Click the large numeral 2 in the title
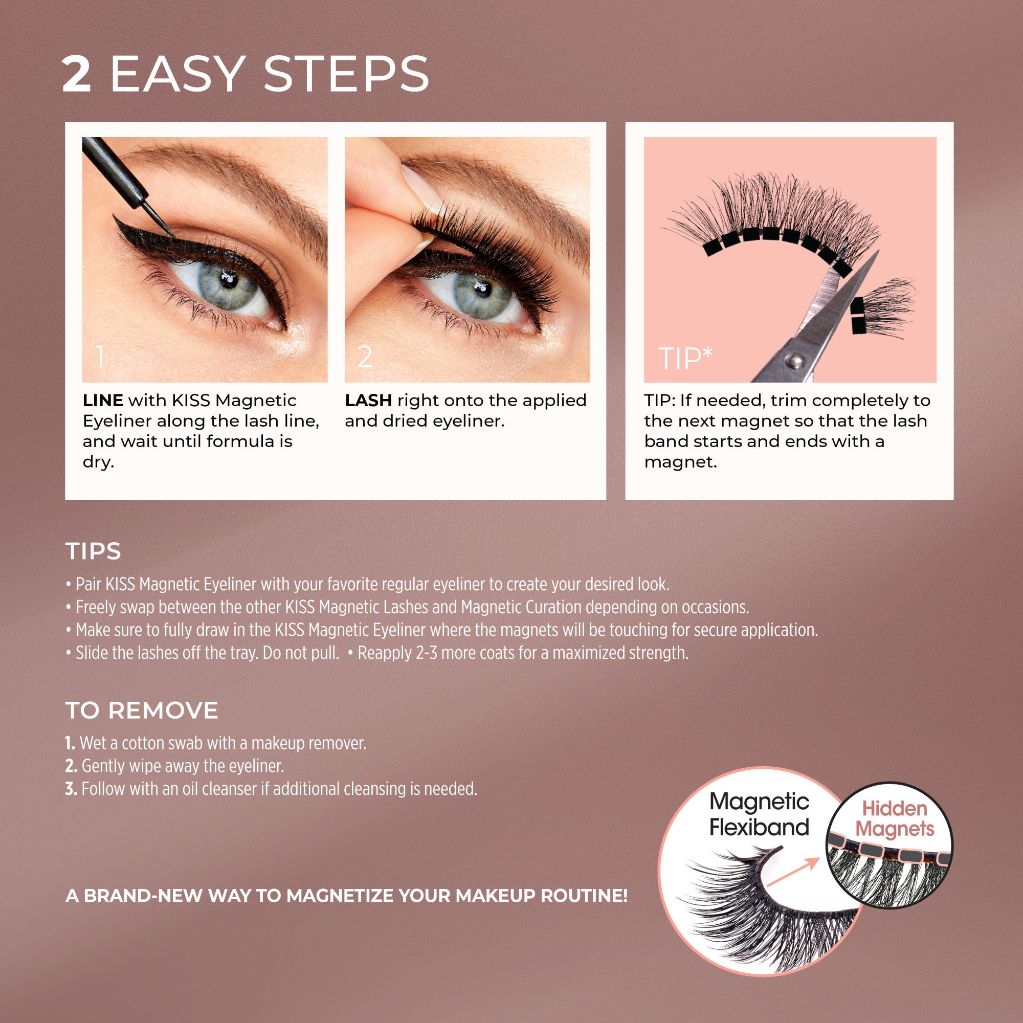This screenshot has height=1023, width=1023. tap(77, 75)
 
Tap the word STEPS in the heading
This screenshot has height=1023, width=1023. tap(346, 75)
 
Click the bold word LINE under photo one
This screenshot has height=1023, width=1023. tap(103, 401)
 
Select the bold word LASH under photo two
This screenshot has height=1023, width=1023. tap(368, 401)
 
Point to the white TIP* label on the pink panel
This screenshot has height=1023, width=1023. tap(685, 359)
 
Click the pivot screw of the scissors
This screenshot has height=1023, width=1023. tap(793, 360)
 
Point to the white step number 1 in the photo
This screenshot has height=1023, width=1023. tap(100, 357)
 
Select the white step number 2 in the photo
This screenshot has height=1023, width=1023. tap(365, 358)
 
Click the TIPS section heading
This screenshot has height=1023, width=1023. tap(93, 551)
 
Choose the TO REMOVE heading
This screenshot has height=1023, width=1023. tap(141, 710)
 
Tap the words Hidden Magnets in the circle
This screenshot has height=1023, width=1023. tap(894, 818)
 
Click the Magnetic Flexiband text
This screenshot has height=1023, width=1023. tap(759, 814)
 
